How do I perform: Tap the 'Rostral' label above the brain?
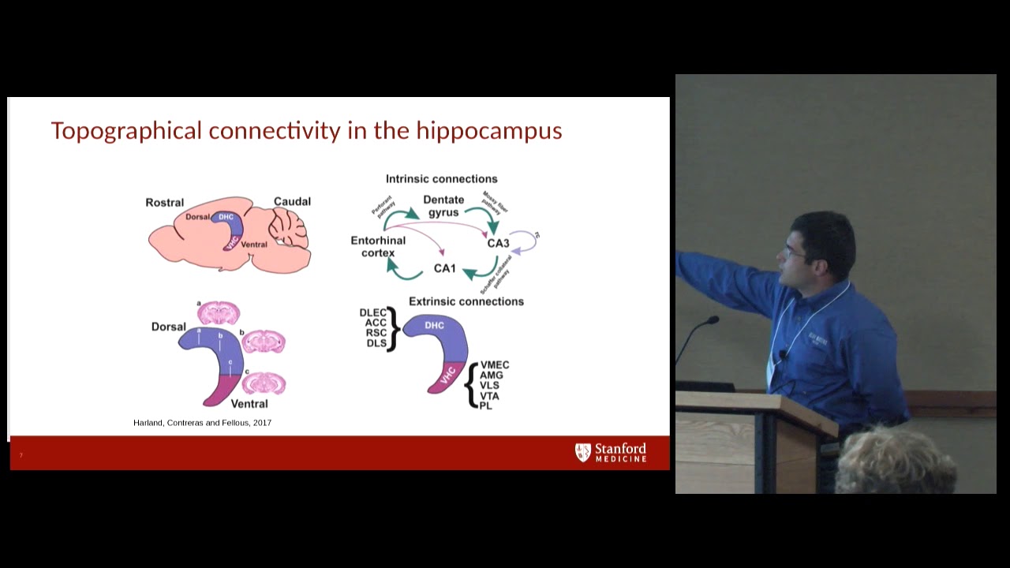[x=164, y=203]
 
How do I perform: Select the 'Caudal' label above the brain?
[x=292, y=202]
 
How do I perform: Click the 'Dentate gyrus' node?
[x=443, y=206]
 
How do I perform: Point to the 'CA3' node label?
[x=498, y=243]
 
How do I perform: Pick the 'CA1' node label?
[x=444, y=268]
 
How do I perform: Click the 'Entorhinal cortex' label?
[x=378, y=247]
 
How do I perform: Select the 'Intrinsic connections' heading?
[x=441, y=179]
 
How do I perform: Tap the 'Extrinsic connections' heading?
[x=466, y=301]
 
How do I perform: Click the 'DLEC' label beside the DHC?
[x=372, y=313]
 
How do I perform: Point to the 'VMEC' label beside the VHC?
[x=495, y=365]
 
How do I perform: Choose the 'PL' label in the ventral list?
[x=486, y=405]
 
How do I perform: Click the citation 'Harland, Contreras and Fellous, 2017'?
[x=202, y=423]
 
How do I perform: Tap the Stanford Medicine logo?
[x=611, y=452]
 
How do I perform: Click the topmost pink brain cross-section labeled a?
[x=219, y=312]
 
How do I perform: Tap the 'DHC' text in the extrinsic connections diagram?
[x=434, y=325]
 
